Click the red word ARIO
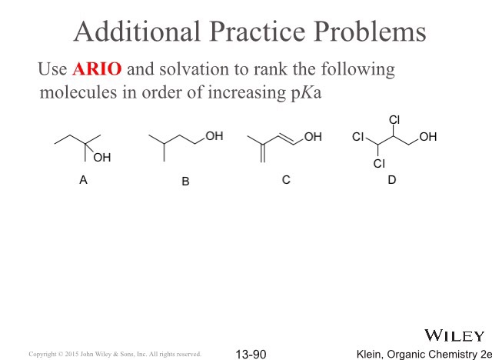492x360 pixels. coord(97,69)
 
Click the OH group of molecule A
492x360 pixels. coord(101,158)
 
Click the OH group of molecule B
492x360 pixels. coord(214,136)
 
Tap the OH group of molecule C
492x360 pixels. coord(313,137)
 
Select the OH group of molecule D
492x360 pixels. coord(428,137)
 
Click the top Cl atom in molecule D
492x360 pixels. coord(394,120)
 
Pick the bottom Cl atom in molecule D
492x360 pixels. coord(378,164)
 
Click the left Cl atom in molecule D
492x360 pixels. coord(358,137)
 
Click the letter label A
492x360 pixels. coord(83,180)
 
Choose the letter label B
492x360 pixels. coord(185,182)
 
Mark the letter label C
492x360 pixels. coord(286,180)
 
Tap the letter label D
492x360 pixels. coord(392,180)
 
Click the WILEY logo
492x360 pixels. coord(454,335)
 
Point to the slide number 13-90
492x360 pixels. coord(251,354)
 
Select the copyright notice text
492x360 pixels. coord(115,355)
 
